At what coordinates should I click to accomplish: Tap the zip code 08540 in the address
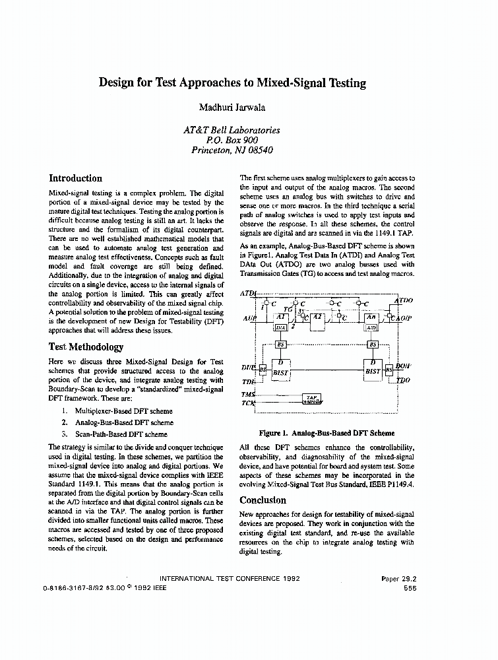259,150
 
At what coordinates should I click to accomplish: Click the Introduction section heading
76,178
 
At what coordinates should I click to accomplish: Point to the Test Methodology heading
86,347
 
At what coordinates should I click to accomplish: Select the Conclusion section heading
263,500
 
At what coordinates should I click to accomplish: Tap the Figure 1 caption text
327,434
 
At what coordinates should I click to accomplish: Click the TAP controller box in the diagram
312,398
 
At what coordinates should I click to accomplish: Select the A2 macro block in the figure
317,317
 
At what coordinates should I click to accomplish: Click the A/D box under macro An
371,327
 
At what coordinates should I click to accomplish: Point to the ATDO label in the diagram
403,301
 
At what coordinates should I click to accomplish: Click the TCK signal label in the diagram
248,403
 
